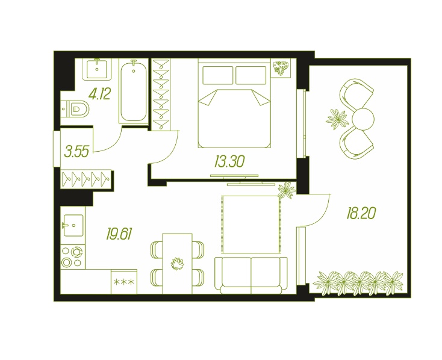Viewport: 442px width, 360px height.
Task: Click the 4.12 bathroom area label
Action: click(99, 94)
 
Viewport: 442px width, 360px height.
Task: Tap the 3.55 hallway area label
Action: click(76, 151)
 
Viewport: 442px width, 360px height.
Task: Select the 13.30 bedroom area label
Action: click(229, 161)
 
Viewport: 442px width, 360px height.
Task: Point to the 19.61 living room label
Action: click(119, 234)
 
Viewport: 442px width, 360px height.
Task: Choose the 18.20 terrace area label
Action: click(361, 213)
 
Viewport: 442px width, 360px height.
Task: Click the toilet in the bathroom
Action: click(75, 108)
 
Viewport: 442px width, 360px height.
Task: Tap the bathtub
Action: click(134, 91)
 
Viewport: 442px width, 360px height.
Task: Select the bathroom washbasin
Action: click(97, 69)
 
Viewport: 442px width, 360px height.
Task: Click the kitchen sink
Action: click(73, 225)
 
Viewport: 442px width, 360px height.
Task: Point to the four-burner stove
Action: click(73, 257)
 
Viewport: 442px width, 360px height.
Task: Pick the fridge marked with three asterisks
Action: click(124, 282)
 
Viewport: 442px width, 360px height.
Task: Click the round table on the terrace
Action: click(363, 119)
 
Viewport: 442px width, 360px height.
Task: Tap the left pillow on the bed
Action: click(217, 75)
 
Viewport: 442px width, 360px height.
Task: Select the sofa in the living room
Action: click(251, 275)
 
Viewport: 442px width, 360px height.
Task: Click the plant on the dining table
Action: click(177, 264)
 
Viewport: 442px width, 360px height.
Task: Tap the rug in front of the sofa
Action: click(251, 225)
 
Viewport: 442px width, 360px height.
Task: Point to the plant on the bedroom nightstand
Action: click(282, 68)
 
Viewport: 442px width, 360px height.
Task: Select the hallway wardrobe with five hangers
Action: click(86, 179)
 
